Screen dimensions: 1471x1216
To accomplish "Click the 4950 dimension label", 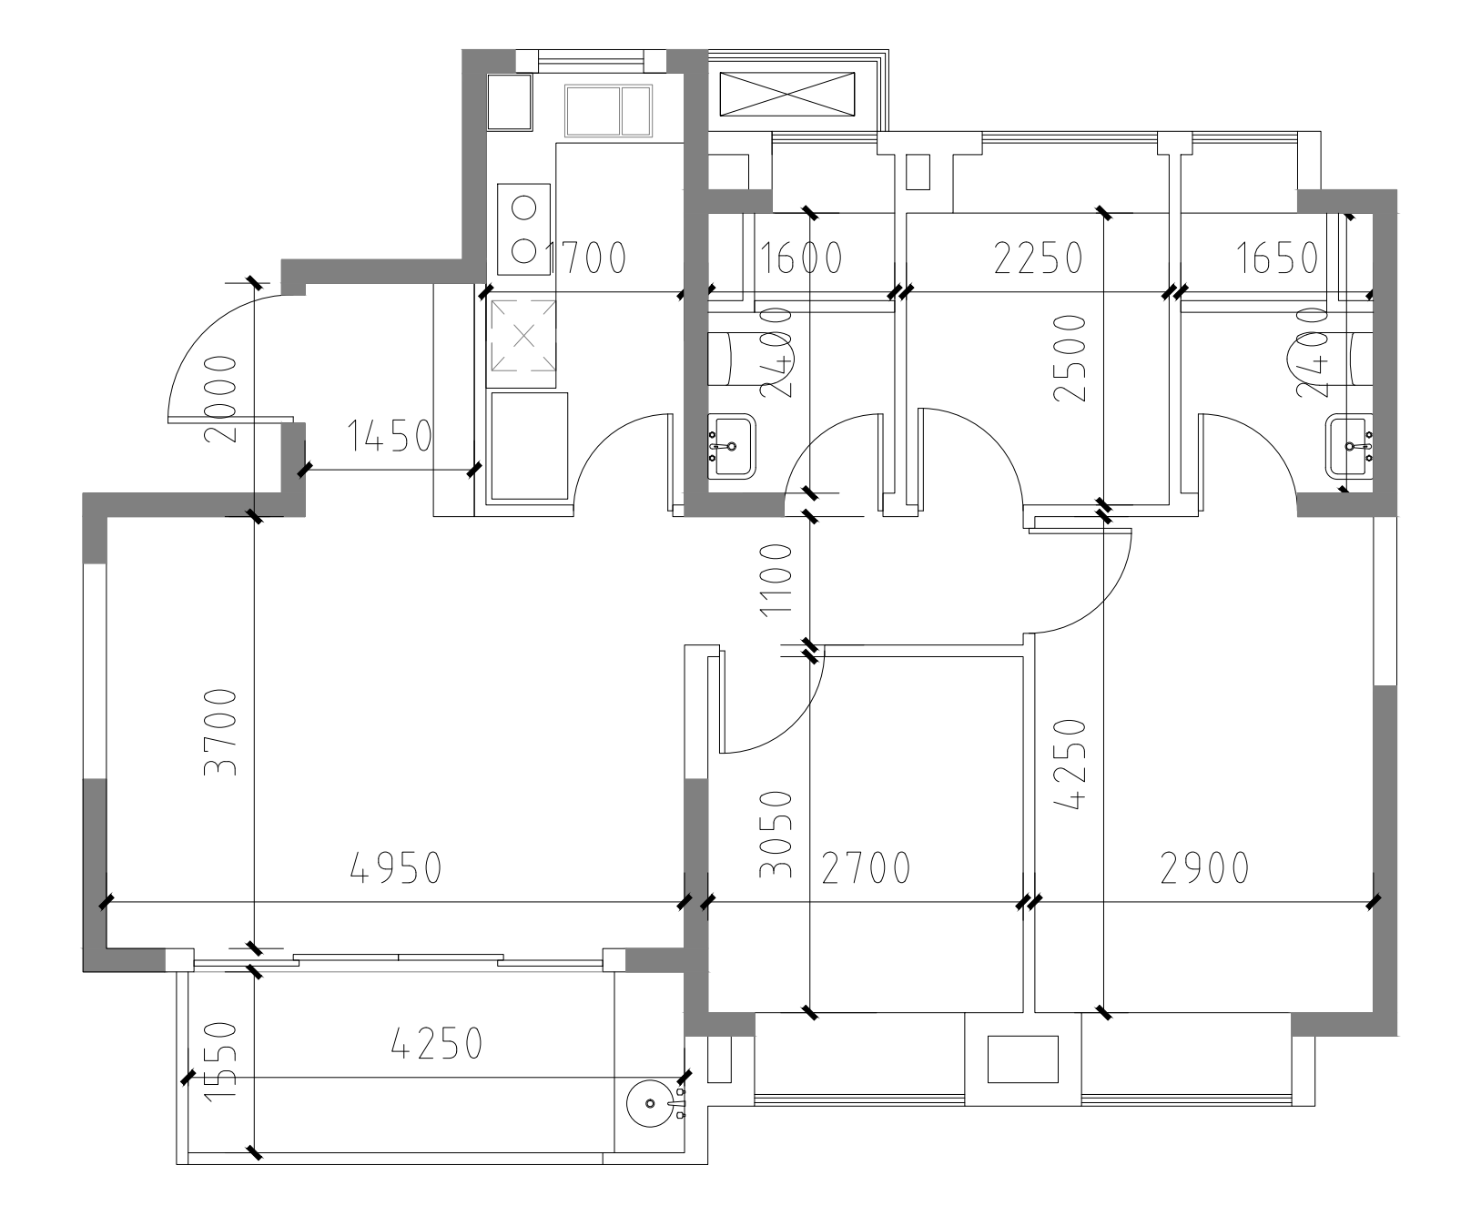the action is [x=396, y=868].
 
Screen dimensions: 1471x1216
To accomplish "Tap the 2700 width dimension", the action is [x=866, y=868].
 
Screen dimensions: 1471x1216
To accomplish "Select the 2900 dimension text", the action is [x=1204, y=868].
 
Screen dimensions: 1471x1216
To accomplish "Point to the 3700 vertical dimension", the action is [x=221, y=732].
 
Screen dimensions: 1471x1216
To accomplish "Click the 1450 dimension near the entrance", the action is [x=389, y=437].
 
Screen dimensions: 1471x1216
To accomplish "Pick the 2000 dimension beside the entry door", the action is [x=221, y=399].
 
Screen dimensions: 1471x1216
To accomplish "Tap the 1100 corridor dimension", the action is [x=776, y=580].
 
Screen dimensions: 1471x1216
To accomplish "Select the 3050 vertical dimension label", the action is [x=776, y=834].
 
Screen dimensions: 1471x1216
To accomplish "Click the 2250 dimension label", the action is [x=1038, y=258].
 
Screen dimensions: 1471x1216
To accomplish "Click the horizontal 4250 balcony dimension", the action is [x=436, y=1043].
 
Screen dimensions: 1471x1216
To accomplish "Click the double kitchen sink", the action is [x=609, y=111].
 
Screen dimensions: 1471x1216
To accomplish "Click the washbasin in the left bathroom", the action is [x=731, y=446].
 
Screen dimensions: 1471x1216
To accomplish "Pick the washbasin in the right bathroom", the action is [x=1350, y=446].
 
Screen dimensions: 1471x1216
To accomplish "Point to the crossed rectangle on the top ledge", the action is [x=788, y=95].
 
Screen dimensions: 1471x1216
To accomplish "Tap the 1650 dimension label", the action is [x=1278, y=258].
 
